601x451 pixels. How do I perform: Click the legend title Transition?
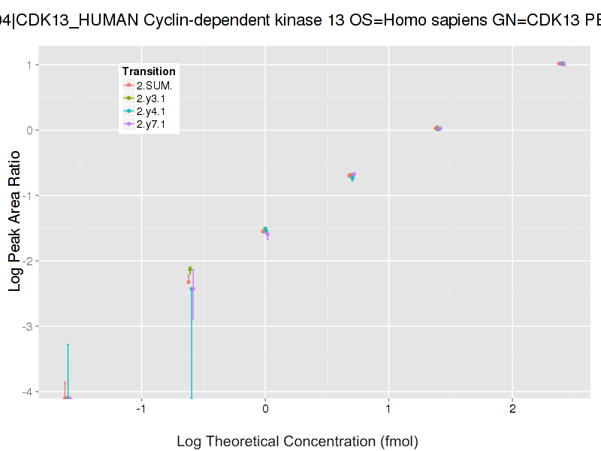pos(149,71)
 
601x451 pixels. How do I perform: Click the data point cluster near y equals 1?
pos(561,64)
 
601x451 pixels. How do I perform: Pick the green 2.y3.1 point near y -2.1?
pos(190,269)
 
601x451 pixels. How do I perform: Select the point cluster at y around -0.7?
pos(352,175)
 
